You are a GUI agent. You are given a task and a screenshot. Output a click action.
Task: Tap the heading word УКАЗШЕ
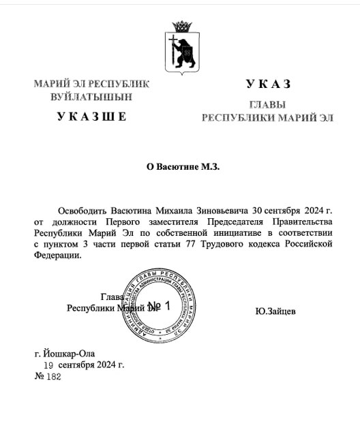82,117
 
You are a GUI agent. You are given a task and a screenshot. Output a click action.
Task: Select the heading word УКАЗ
268,84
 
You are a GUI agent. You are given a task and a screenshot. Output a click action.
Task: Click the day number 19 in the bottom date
48,365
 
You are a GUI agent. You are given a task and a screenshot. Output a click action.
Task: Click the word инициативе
229,232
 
